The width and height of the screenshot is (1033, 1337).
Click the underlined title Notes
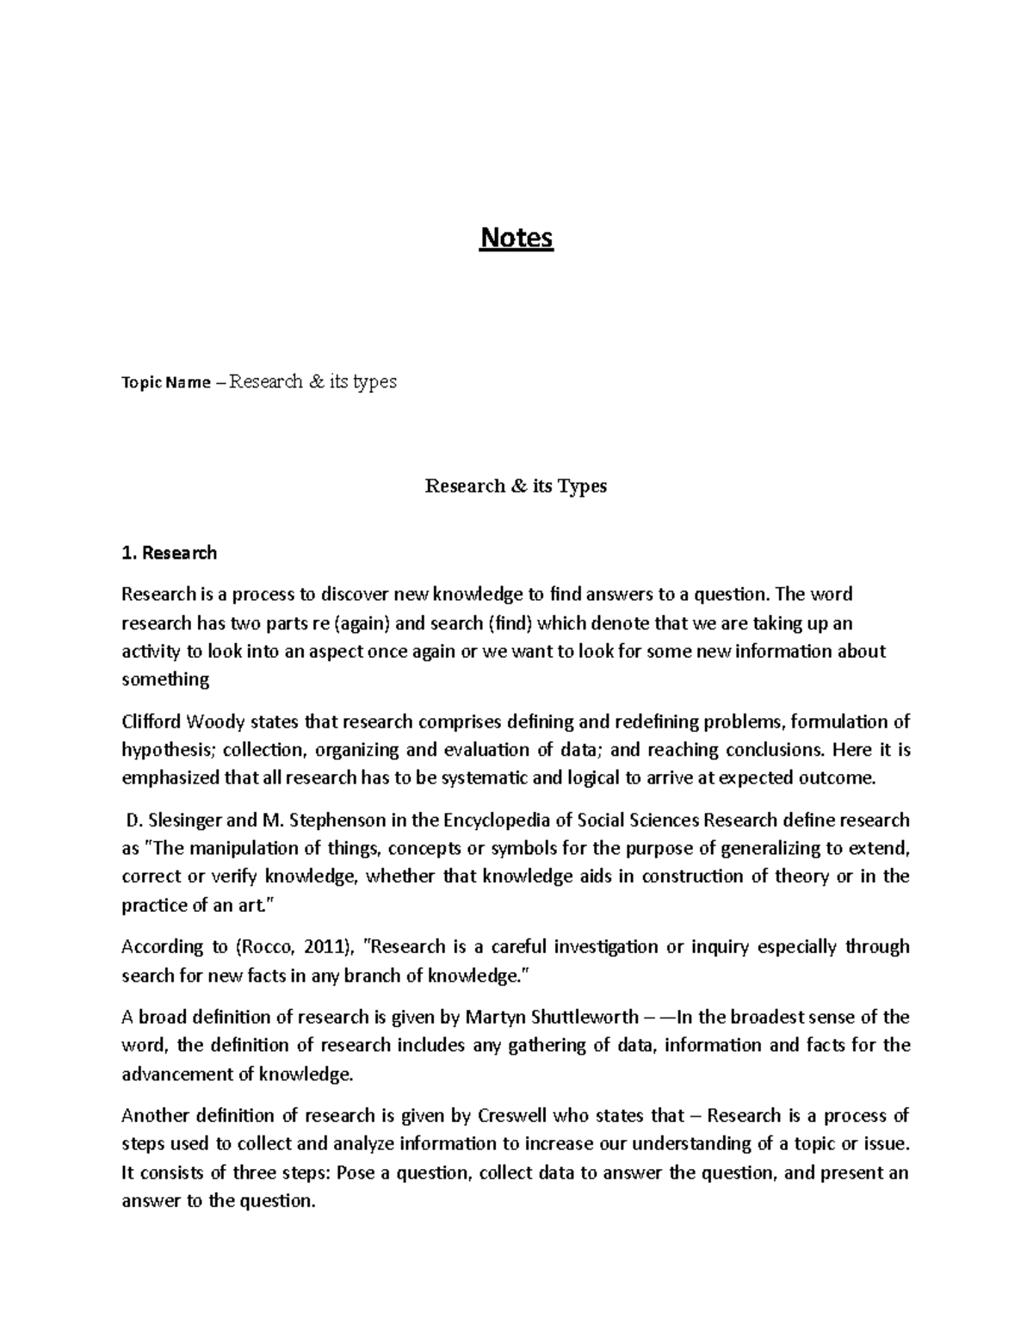516,238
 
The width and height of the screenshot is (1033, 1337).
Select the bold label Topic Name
165,383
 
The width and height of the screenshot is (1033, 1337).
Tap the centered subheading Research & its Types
516,486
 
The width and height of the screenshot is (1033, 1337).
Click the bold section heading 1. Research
169,553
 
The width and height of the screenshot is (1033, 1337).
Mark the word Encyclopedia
498,820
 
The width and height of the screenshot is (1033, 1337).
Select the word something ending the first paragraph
165,679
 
